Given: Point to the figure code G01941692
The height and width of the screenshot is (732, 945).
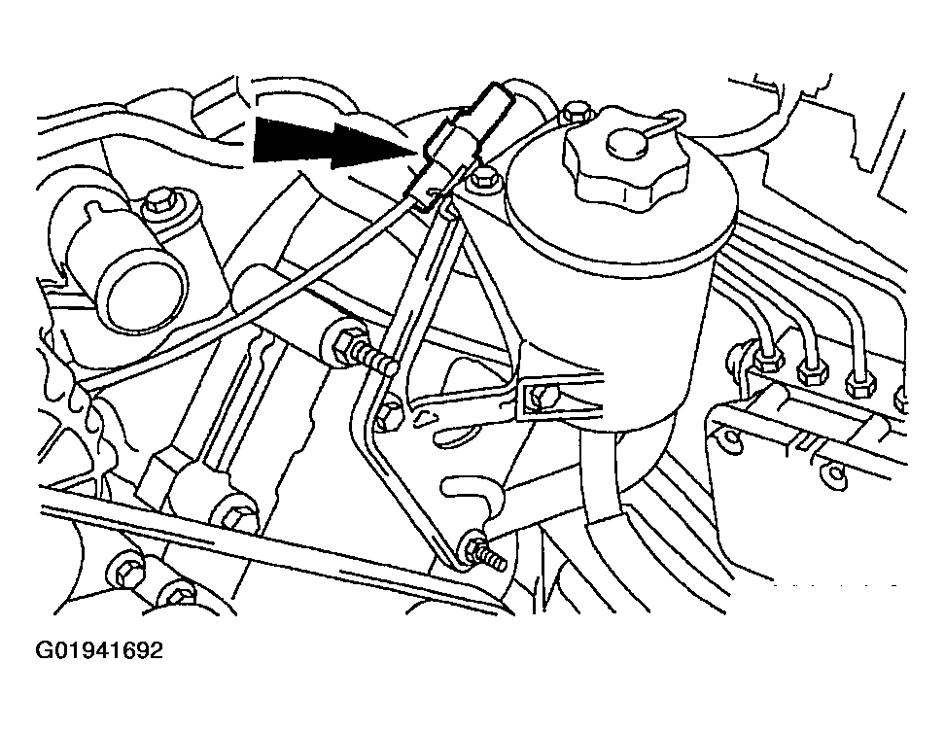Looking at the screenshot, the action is click(99, 650).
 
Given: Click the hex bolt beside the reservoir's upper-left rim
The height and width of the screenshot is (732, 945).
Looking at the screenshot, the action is click(483, 181).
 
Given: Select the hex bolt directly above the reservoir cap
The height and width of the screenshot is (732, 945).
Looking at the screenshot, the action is click(577, 114).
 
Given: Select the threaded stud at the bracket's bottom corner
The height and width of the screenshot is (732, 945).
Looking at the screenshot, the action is click(481, 554).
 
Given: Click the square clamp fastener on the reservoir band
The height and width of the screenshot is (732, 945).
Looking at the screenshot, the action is click(540, 399).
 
